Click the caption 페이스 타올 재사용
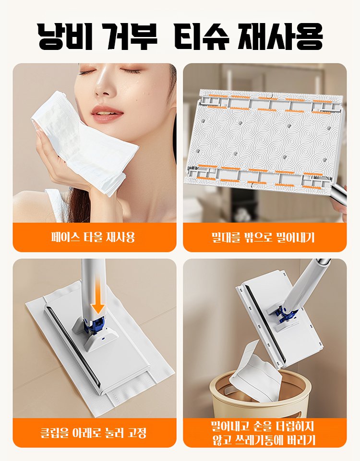tap(94, 237)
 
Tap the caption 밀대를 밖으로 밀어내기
tap(264, 237)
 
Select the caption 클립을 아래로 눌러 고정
tap(94, 433)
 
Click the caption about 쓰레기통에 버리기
tap(264, 433)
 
